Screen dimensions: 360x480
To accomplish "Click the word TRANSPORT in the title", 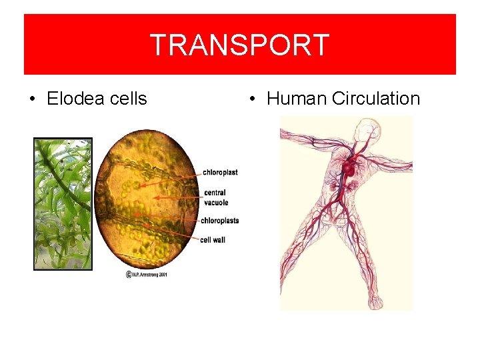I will pos(239,45).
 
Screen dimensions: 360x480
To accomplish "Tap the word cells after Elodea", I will pos(127,99).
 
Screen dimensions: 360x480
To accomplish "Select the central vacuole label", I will pos(216,197).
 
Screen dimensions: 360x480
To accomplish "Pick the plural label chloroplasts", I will pos(220,221).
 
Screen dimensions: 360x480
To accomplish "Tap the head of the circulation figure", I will pos(365,127).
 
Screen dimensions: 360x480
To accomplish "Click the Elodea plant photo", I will pos(63,203).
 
